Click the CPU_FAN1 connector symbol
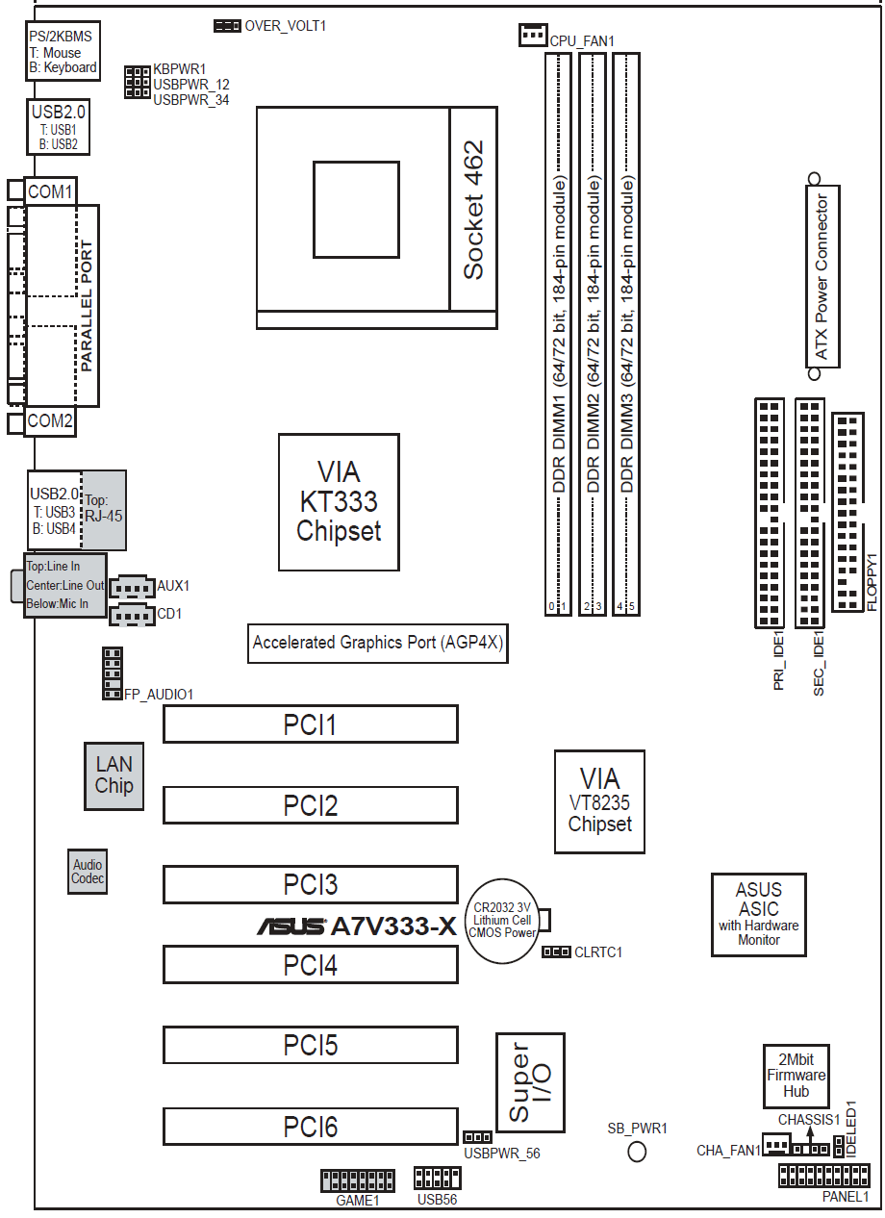(x=532, y=35)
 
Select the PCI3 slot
(x=310, y=884)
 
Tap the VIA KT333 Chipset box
(x=339, y=501)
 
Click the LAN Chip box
(x=114, y=775)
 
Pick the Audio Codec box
(x=88, y=872)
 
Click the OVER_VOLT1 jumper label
(x=286, y=25)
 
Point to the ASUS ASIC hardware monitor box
(x=758, y=914)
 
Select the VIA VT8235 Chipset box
(x=599, y=801)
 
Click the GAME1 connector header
(x=357, y=1180)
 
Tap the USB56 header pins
(x=437, y=1179)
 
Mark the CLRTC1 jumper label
(x=598, y=952)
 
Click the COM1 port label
(x=50, y=191)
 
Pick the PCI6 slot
(x=310, y=1127)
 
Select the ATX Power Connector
(x=822, y=277)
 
